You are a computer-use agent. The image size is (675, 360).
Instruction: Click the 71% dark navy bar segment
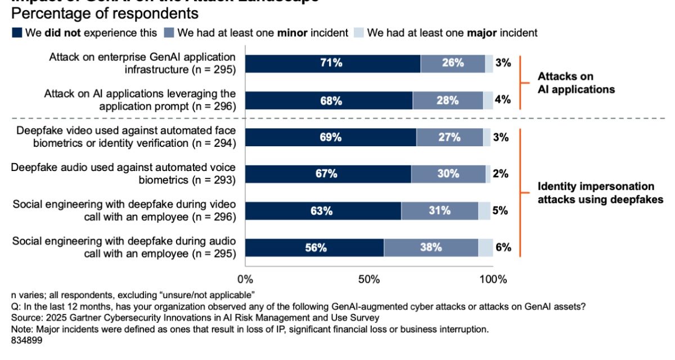[332, 64]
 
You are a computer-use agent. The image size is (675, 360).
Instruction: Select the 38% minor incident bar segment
[431, 247]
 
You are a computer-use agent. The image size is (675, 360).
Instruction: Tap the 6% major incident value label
[503, 247]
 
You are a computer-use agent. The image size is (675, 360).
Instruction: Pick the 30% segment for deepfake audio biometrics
[448, 174]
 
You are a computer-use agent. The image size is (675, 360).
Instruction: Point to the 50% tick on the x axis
[370, 279]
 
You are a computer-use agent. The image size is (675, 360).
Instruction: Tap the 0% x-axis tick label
[245, 279]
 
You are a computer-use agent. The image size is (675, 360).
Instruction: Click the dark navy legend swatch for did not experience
[17, 33]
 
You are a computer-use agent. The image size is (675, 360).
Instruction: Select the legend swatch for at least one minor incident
[168, 33]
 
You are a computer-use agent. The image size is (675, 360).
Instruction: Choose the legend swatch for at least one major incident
[358, 33]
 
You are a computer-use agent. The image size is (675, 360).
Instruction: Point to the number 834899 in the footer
[26, 340]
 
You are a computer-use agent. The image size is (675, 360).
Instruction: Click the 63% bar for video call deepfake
[323, 211]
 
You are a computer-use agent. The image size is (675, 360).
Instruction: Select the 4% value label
[503, 100]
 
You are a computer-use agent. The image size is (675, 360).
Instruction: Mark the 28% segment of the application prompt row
[448, 100]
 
